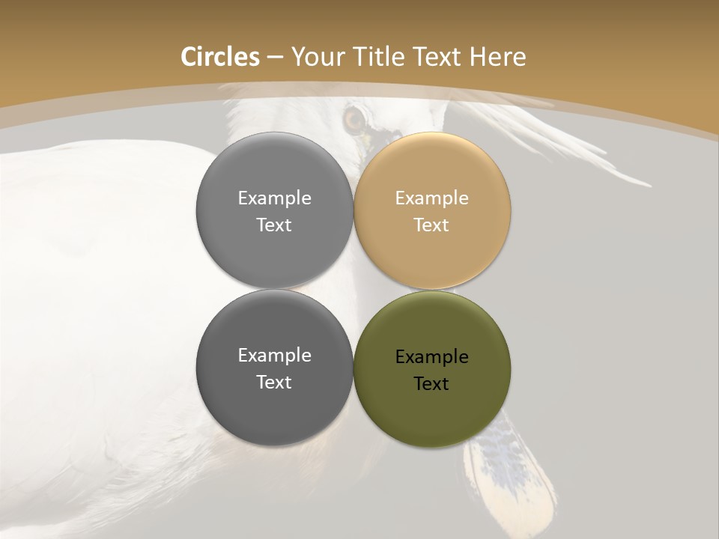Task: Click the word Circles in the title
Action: (x=219, y=57)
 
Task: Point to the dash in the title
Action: (x=275, y=58)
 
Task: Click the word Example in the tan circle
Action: (x=432, y=198)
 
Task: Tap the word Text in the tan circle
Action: (x=431, y=225)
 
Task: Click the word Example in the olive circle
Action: (x=432, y=356)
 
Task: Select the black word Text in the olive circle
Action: (x=431, y=383)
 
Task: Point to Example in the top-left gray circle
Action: (x=274, y=198)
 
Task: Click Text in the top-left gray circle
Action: (x=274, y=225)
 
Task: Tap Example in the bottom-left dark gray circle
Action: (x=274, y=356)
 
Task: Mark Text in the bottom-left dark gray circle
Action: (x=274, y=382)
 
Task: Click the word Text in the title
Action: (x=438, y=57)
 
